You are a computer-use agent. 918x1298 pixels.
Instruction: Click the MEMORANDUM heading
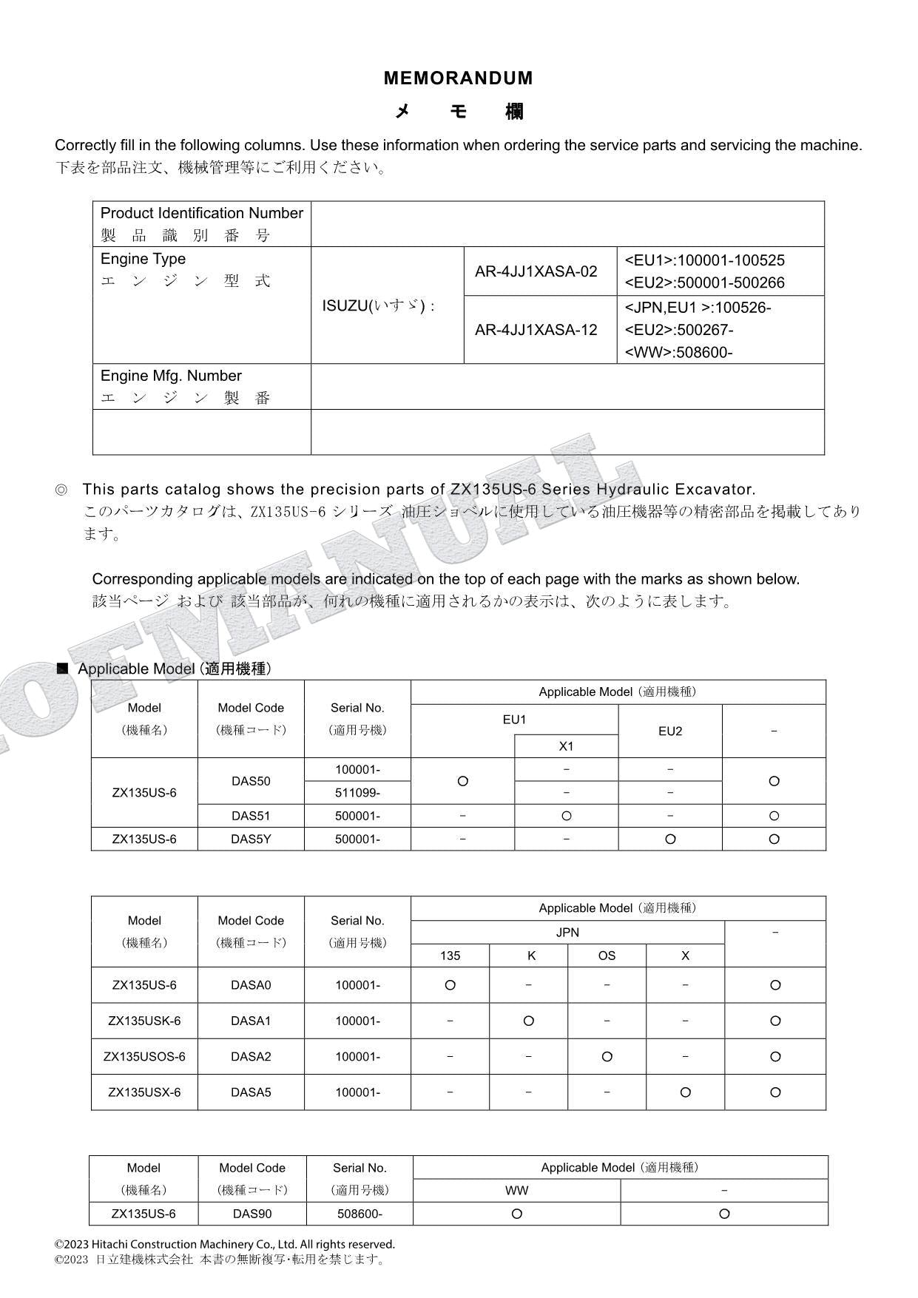458,78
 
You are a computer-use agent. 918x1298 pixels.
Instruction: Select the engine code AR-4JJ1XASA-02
536,271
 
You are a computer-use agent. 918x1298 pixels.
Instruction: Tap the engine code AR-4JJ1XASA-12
536,330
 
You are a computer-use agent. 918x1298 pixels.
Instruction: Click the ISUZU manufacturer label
378,305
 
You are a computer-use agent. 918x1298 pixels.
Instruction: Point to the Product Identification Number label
201,214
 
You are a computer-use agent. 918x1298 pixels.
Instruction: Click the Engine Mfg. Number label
171,376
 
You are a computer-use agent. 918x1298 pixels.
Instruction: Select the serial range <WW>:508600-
678,352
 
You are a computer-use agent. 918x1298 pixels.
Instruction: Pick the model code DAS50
251,781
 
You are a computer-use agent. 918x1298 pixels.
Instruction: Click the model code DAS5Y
251,839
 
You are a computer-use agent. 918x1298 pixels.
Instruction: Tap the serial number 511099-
357,793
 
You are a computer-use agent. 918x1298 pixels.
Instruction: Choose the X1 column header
566,746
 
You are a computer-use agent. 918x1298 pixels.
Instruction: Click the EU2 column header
669,731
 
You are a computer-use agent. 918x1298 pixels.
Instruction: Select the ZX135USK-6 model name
144,1021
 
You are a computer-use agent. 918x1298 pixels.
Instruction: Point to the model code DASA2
251,1056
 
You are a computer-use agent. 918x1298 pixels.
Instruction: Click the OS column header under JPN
607,956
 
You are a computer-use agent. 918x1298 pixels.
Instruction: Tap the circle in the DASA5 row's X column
685,1092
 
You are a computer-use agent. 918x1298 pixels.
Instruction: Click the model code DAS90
252,1214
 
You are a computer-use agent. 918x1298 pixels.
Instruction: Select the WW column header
516,1191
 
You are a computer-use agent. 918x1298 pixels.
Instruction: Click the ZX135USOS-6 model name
144,1056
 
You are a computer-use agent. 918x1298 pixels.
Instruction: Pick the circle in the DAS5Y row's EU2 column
669,839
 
